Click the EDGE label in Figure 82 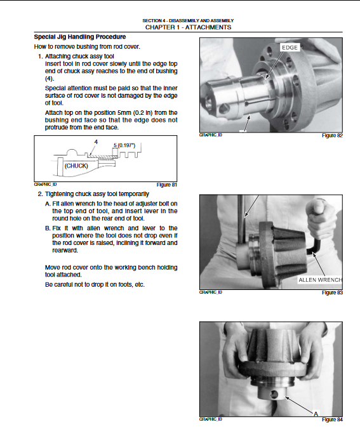(290, 48)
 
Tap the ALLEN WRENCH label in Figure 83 (320, 280)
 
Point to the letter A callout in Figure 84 (316, 414)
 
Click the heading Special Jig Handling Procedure (80, 37)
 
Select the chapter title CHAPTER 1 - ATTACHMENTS (189, 27)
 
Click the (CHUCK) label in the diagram (76, 166)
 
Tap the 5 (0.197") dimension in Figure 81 (124, 145)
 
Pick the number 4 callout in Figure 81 (96, 142)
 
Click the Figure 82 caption (332, 136)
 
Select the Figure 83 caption (332, 293)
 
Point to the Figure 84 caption (332, 419)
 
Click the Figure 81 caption (166, 185)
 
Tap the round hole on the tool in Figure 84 (274, 395)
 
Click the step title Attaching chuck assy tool (79, 56)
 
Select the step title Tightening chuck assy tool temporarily (97, 194)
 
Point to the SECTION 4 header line (188, 20)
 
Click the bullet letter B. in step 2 (48, 228)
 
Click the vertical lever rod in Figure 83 (241, 219)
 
